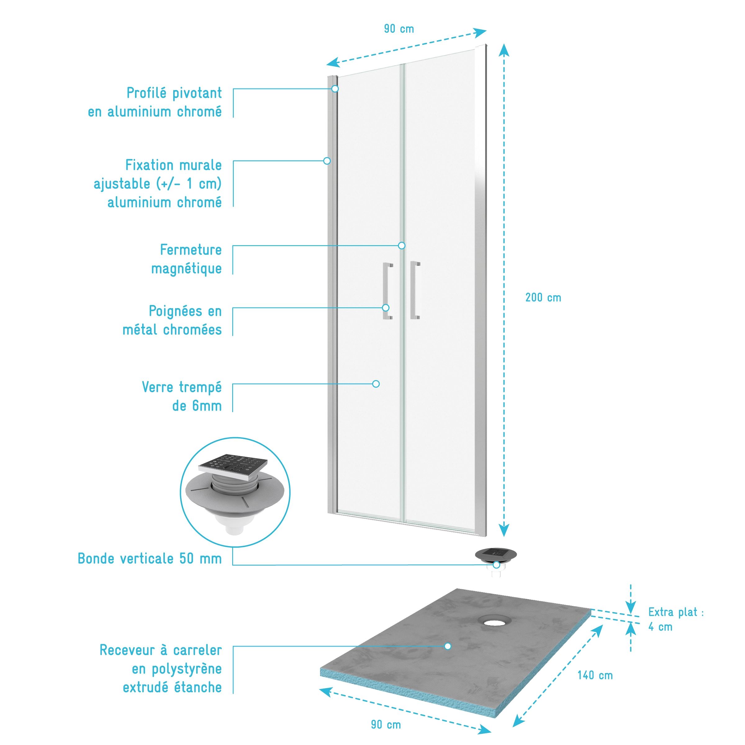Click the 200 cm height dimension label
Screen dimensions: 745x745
pyautogui.click(x=543, y=298)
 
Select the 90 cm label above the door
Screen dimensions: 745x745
pyautogui.click(x=399, y=29)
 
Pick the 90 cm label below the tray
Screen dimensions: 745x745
pyautogui.click(x=386, y=725)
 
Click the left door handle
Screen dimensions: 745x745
pyautogui.click(x=387, y=291)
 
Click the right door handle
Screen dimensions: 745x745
pyautogui.click(x=415, y=290)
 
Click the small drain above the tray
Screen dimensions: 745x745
pyautogui.click(x=495, y=556)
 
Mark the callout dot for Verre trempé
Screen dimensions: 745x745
pyautogui.click(x=376, y=384)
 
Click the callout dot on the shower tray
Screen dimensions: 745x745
pyautogui.click(x=448, y=646)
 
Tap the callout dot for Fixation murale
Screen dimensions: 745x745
pyautogui.click(x=327, y=161)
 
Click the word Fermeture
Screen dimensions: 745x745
pyautogui.click(x=191, y=250)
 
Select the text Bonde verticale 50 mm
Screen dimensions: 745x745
pyautogui.click(x=150, y=559)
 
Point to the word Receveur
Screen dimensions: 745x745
pyautogui.click(x=127, y=650)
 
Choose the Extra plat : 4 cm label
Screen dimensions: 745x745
pyautogui.click(x=675, y=619)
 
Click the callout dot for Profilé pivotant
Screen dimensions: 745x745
pyautogui.click(x=335, y=89)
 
